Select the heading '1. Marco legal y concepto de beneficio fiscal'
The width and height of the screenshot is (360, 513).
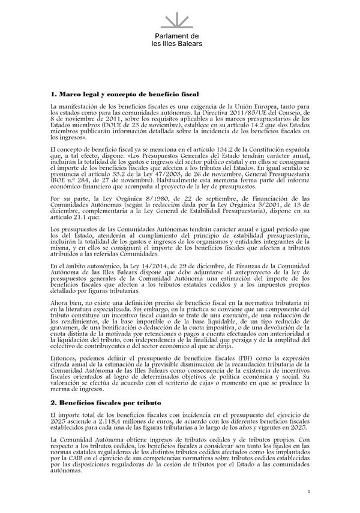point(125,95)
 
